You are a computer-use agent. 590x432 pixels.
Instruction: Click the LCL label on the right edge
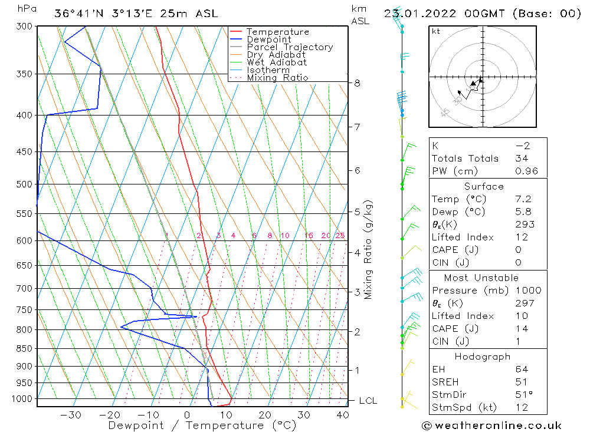tap(368, 401)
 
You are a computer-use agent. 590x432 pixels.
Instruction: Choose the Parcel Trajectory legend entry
tap(290, 47)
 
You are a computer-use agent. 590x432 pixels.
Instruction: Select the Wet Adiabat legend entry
tap(277, 62)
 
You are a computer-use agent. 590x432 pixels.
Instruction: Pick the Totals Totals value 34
tap(522, 159)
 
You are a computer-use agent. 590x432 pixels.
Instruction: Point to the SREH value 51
tap(522, 382)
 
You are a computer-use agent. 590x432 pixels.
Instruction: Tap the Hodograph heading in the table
tap(483, 357)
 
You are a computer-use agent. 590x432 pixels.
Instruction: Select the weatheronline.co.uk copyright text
tap(492, 426)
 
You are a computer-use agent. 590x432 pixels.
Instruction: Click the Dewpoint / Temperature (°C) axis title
tap(202, 425)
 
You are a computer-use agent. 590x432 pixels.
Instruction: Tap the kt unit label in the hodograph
tap(435, 31)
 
